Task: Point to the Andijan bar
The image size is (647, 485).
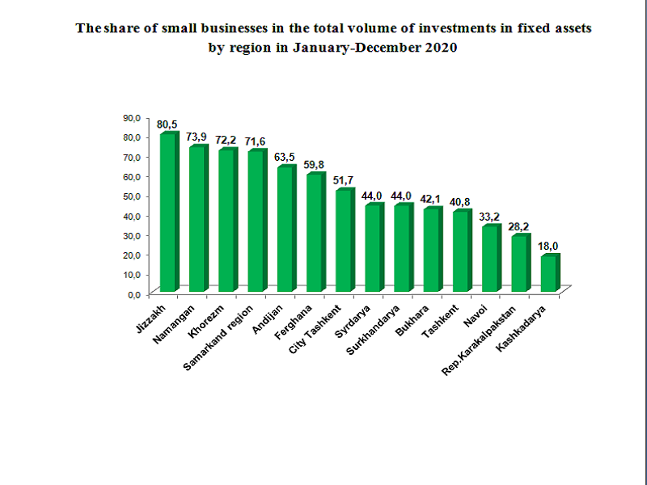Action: pyautogui.click(x=285, y=229)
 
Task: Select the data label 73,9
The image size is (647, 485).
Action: pyautogui.click(x=197, y=136)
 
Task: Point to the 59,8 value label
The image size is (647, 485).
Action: pyautogui.click(x=315, y=164)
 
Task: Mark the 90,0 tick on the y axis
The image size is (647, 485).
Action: pyautogui.click(x=131, y=117)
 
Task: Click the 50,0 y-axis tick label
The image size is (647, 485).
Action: pyautogui.click(x=131, y=196)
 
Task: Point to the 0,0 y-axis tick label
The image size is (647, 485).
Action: pyautogui.click(x=133, y=293)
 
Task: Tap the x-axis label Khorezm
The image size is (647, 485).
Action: pyautogui.click(x=205, y=321)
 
